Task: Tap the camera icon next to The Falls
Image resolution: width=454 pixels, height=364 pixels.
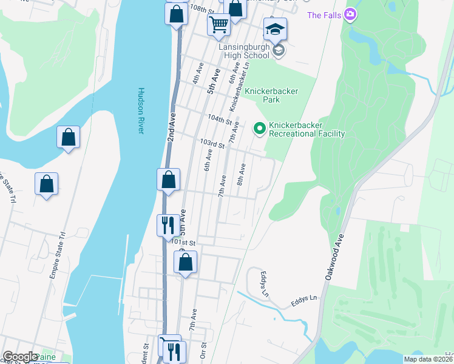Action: (350, 15)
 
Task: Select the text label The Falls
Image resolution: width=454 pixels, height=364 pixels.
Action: (324, 15)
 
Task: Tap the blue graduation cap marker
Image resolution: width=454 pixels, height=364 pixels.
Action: (275, 30)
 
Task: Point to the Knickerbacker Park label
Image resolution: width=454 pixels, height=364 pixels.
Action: (271, 95)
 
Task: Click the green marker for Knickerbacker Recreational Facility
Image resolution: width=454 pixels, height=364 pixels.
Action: (259, 128)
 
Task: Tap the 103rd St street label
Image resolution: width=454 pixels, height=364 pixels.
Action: (212, 144)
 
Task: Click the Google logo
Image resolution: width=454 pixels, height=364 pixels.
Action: (20, 357)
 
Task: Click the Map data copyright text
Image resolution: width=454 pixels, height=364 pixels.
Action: (428, 359)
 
